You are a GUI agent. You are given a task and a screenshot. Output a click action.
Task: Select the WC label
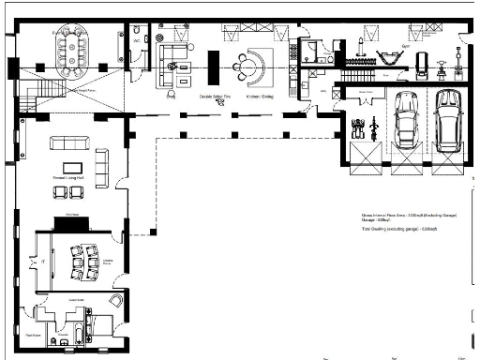pyautogui.click(x=136, y=41)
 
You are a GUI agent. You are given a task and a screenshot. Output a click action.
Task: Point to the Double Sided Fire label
pyautogui.click(x=215, y=96)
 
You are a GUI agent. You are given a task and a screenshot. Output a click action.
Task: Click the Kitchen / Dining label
pyautogui.click(x=259, y=96)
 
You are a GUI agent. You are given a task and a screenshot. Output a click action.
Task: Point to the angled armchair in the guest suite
pyautogui.click(x=113, y=301)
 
